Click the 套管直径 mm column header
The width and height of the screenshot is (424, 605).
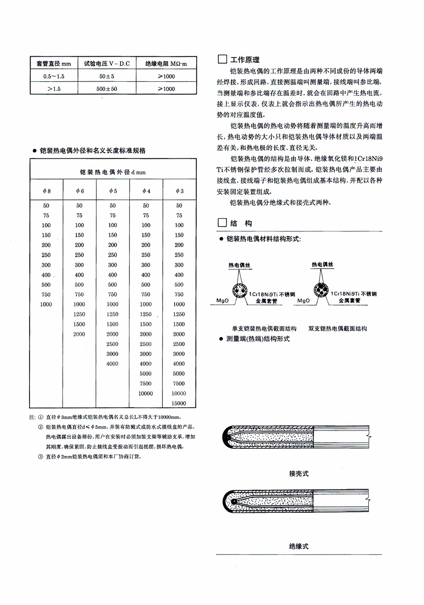click(x=54, y=63)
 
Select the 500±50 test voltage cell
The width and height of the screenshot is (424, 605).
click(x=107, y=89)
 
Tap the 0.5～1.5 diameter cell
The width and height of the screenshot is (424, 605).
click(x=54, y=76)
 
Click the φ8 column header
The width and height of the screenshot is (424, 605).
click(x=46, y=191)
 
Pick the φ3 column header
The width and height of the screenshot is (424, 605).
click(x=179, y=191)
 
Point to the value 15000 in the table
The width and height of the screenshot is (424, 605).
click(x=179, y=403)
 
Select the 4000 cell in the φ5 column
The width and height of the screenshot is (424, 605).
click(x=112, y=364)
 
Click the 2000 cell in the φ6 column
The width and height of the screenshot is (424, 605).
click(x=79, y=334)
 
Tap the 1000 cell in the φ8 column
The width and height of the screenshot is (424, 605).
click(x=46, y=304)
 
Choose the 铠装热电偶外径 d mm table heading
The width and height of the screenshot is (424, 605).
click(x=112, y=172)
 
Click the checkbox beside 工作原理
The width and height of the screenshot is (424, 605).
click(x=222, y=59)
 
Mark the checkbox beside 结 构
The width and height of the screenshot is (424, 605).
click(x=222, y=223)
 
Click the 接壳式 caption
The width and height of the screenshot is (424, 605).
click(x=299, y=473)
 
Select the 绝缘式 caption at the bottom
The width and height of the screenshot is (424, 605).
click(x=299, y=546)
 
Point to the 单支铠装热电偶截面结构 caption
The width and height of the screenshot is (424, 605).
click(x=258, y=328)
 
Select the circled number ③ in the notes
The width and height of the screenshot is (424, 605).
click(x=40, y=456)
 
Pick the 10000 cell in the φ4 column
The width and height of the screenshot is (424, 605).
click(x=145, y=394)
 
